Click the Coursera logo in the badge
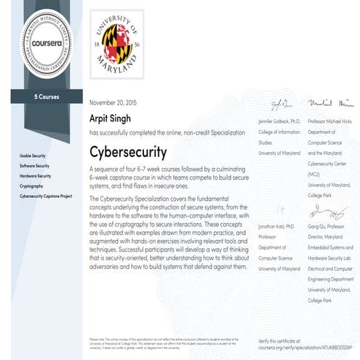coord(41,42)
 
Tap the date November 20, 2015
coord(114,104)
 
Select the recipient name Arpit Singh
coord(110,119)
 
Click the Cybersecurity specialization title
coord(128,153)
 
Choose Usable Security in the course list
coord(35,156)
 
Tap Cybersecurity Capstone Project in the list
coord(47,196)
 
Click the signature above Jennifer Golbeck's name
coord(281,104)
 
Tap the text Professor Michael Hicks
coord(331,118)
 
